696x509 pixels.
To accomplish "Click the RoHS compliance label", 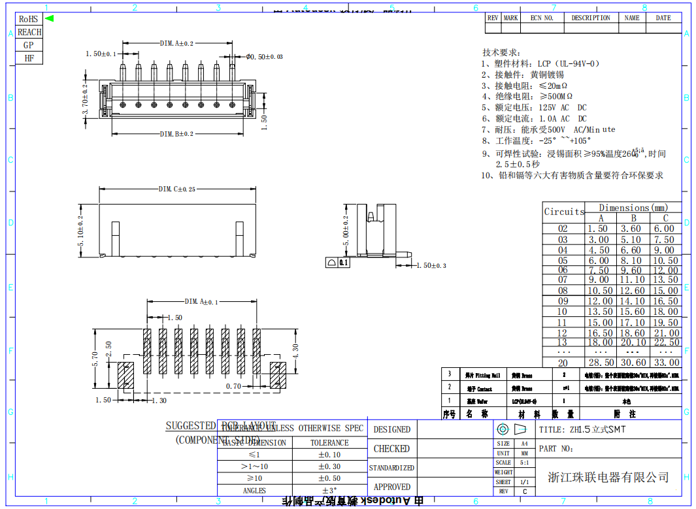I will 28,19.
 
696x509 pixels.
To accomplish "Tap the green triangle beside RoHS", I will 49,18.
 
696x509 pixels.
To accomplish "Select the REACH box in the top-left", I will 29,32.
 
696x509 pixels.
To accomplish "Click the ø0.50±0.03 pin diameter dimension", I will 264,57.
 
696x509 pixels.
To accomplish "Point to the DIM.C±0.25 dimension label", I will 176,189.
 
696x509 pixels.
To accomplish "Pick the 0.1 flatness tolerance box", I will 344,263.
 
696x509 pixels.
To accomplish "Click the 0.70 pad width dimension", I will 233,387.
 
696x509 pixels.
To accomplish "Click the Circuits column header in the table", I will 564,212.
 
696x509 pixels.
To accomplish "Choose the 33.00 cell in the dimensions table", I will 666,363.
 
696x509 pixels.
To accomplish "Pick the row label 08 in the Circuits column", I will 563,291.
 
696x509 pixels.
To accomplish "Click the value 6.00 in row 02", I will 666,229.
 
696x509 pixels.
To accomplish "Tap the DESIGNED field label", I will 391,429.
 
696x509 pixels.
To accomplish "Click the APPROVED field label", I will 391,487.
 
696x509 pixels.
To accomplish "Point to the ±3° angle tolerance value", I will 329,490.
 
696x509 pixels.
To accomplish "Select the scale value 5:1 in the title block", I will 524,462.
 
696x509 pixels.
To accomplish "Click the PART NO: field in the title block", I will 557,449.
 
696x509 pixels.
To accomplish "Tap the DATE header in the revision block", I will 663,18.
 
